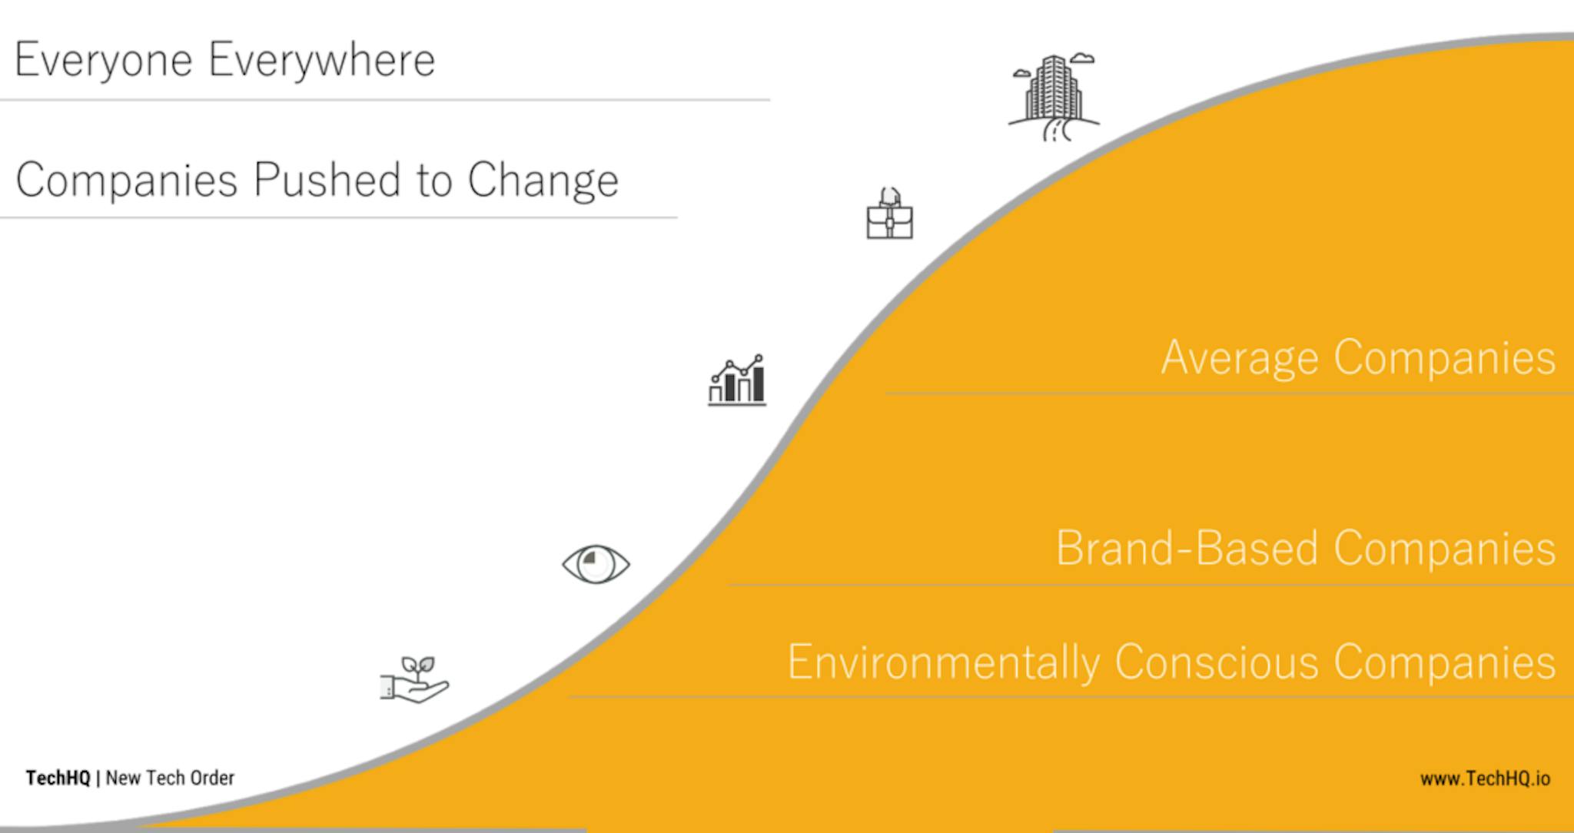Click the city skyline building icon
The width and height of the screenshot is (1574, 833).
[x=1054, y=98]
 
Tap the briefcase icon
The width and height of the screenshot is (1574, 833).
[x=890, y=214]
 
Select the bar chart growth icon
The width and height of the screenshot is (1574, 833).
[x=737, y=380]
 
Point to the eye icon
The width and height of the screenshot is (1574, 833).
[x=596, y=565]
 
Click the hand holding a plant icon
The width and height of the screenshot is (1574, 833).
[x=414, y=679]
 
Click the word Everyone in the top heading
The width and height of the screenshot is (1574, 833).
[x=103, y=61]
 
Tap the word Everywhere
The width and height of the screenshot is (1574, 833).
[x=322, y=61]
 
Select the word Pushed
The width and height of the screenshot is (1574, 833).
[x=327, y=180]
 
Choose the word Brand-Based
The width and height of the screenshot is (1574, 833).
[x=1187, y=548]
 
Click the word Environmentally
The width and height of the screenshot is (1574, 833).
[x=944, y=662]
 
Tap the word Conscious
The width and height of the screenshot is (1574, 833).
[x=1216, y=662]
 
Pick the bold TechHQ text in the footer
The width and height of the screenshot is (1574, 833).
[x=58, y=778]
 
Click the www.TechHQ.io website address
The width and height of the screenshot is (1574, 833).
[x=1485, y=778]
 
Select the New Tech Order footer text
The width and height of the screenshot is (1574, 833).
[x=170, y=778]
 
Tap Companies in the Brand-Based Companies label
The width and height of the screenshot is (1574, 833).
[x=1445, y=549]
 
